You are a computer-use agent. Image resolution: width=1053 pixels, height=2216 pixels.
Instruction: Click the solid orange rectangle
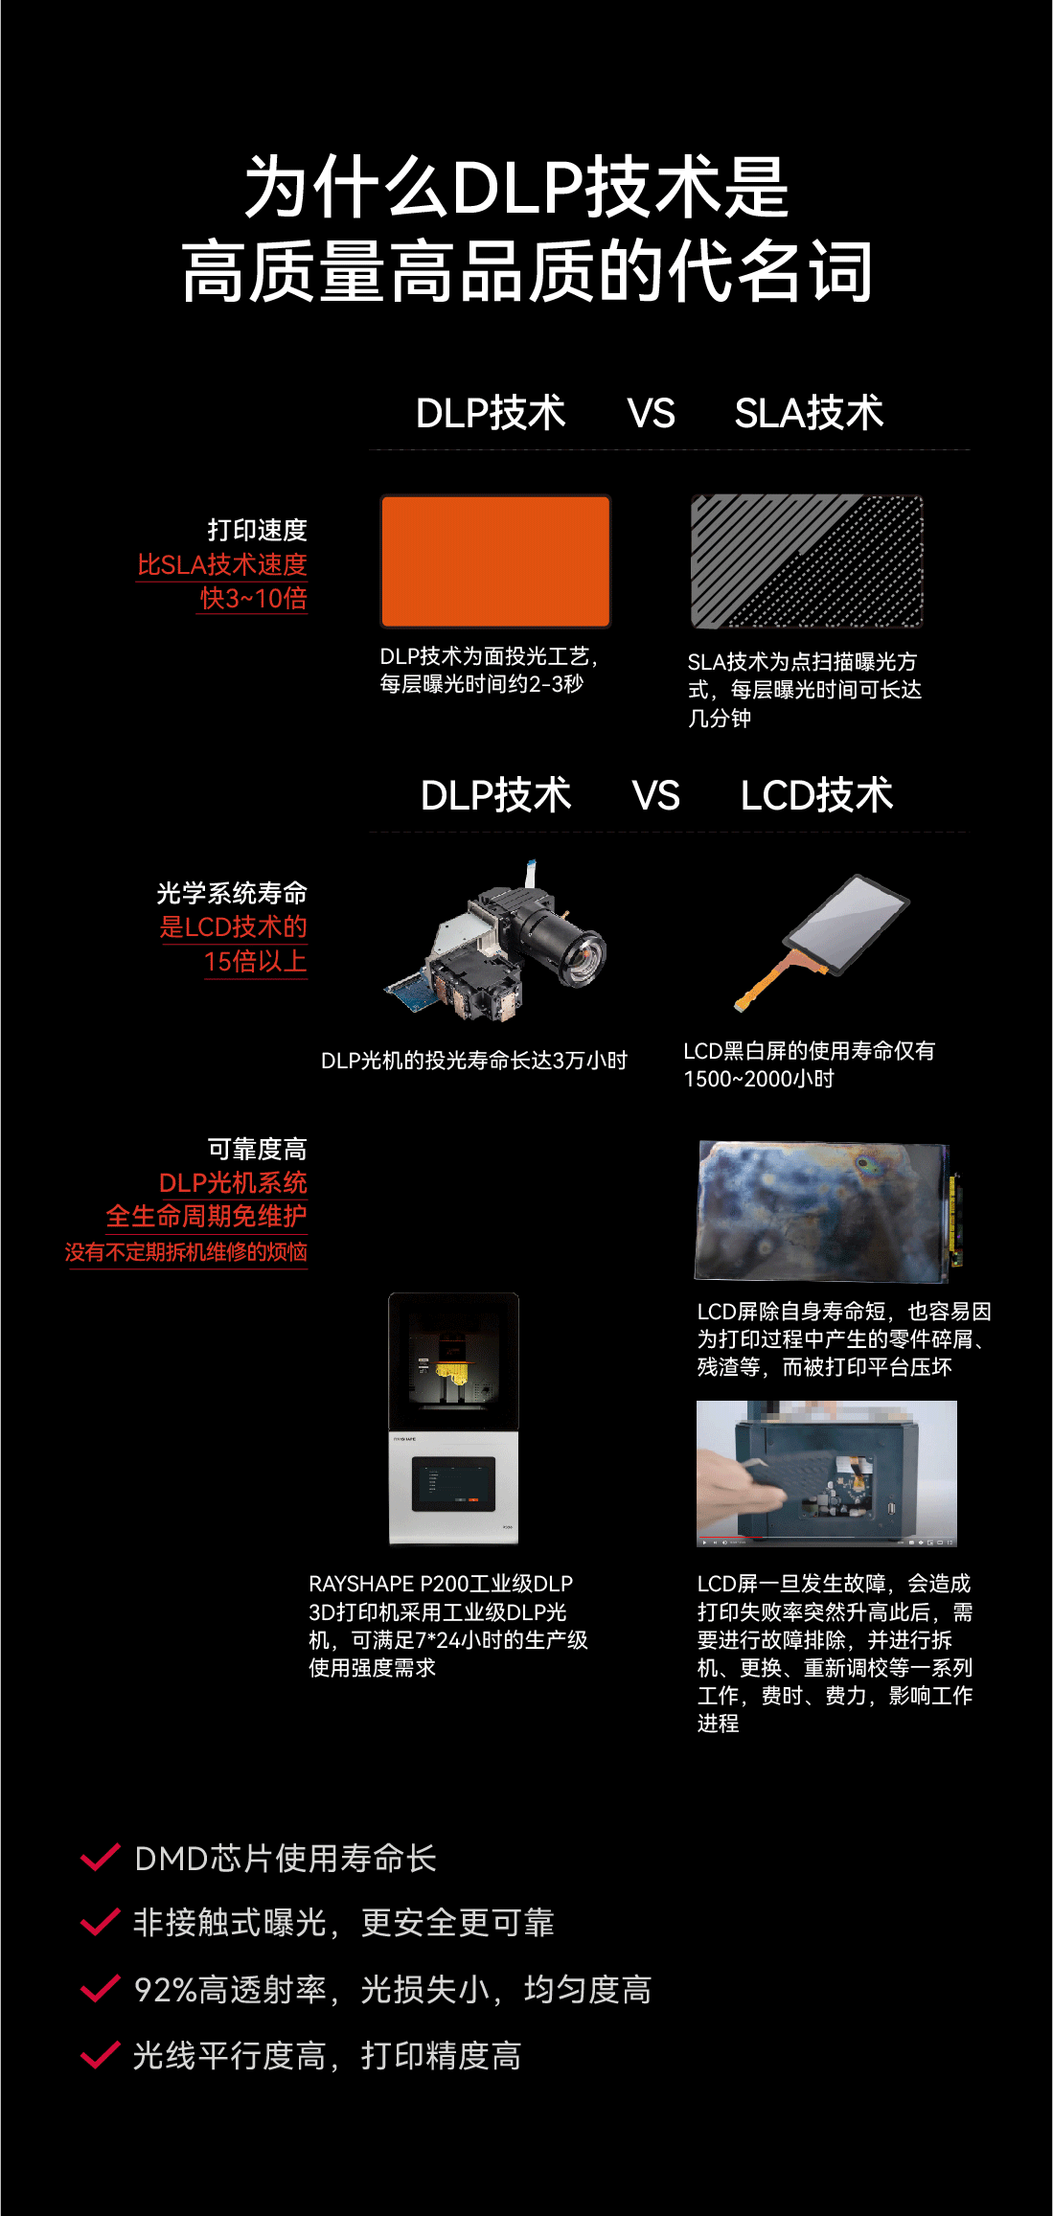[x=495, y=560]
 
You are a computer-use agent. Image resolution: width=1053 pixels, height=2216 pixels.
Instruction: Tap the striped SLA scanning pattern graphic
[x=807, y=561]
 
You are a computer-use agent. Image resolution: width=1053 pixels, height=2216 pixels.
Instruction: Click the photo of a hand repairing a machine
[x=827, y=1474]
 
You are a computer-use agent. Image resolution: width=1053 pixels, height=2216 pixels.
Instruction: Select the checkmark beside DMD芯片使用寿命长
[x=100, y=1857]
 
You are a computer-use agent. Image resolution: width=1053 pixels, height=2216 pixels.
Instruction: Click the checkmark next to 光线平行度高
[x=100, y=2054]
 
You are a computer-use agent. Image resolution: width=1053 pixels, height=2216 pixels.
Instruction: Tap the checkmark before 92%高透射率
[x=100, y=1988]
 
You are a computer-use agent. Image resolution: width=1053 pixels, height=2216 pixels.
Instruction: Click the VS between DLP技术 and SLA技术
[x=652, y=413]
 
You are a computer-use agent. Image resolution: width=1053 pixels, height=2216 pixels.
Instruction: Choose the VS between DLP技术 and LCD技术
[x=656, y=795]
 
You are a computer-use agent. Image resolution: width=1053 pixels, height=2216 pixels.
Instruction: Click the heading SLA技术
[x=809, y=413]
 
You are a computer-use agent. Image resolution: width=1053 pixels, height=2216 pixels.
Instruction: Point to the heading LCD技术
[x=816, y=795]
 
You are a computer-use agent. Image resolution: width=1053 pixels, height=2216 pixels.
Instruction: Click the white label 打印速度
[x=257, y=530]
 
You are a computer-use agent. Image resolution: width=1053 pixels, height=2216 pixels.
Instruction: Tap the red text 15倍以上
[x=255, y=961]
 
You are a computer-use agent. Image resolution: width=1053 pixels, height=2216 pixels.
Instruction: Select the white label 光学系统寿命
[x=232, y=893]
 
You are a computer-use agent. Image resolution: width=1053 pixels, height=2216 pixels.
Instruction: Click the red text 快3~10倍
[x=253, y=598]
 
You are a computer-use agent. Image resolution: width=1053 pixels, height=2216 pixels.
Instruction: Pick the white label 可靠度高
[x=257, y=1149]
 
